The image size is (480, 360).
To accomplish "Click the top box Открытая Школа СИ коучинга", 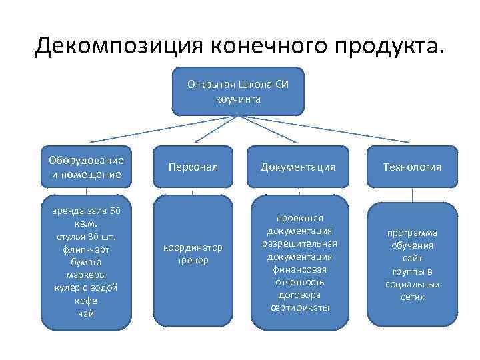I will (x=238, y=92).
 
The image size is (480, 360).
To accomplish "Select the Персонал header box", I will (x=193, y=167).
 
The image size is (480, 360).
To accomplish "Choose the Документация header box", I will (x=298, y=167).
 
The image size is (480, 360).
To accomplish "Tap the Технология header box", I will (x=412, y=167).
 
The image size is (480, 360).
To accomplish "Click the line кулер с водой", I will (x=86, y=287).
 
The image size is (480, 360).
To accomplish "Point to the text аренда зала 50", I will (x=86, y=211).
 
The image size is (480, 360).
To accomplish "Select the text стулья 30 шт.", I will (x=86, y=237).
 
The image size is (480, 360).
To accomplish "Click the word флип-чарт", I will (x=86, y=249).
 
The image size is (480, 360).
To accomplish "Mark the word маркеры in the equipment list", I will (x=85, y=275).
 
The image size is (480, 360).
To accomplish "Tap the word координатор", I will (x=193, y=247).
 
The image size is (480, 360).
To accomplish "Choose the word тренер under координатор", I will (x=193, y=260).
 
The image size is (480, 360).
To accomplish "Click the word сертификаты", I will (x=300, y=307).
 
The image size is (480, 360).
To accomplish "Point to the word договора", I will (x=300, y=294).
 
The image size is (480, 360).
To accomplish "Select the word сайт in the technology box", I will (x=412, y=258).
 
